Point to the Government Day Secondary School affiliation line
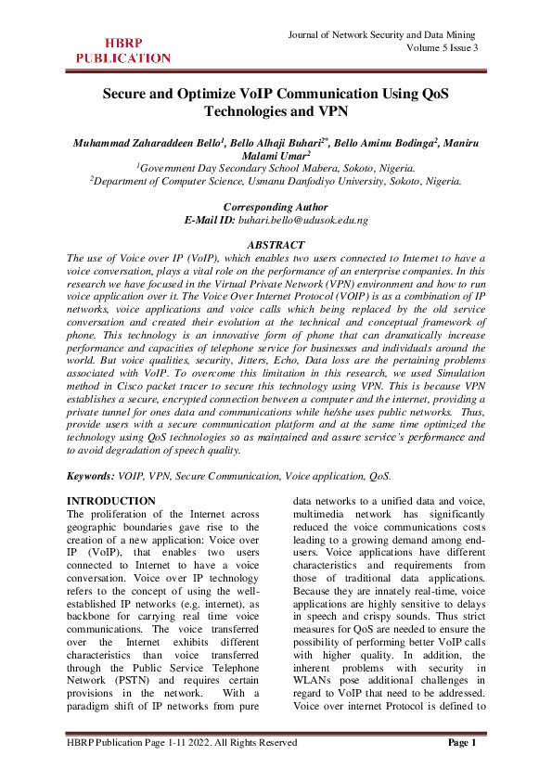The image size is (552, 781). coord(276,168)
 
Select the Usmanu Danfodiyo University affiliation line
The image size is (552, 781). coord(276,182)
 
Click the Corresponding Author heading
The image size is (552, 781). coord(276,206)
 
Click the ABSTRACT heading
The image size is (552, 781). coord(276,244)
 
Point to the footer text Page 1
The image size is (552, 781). coord(461,768)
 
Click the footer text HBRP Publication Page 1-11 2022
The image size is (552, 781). coord(182,768)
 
